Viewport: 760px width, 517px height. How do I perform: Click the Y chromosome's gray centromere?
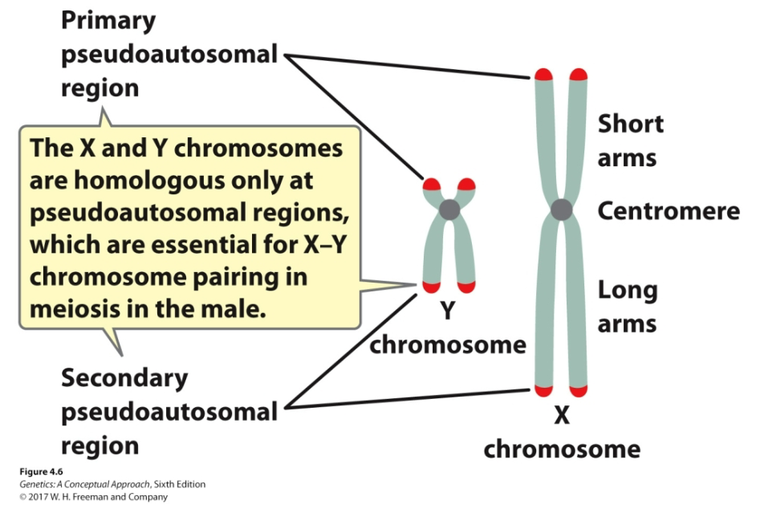click(x=449, y=210)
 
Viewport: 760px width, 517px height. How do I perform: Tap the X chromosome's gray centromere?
click(x=561, y=211)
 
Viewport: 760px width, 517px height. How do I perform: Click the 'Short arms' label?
click(x=631, y=140)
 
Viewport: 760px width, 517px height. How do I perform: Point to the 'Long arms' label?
click(x=628, y=307)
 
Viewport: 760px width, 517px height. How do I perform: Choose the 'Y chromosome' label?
click(x=447, y=329)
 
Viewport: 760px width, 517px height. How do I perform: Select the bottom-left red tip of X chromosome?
click(x=544, y=391)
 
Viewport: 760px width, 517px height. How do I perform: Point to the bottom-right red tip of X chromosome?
click(x=578, y=391)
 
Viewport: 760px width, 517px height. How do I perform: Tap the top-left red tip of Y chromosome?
click(x=433, y=183)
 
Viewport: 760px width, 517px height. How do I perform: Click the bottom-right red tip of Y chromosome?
click(x=466, y=286)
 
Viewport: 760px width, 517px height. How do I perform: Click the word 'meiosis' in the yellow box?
click(x=75, y=308)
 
